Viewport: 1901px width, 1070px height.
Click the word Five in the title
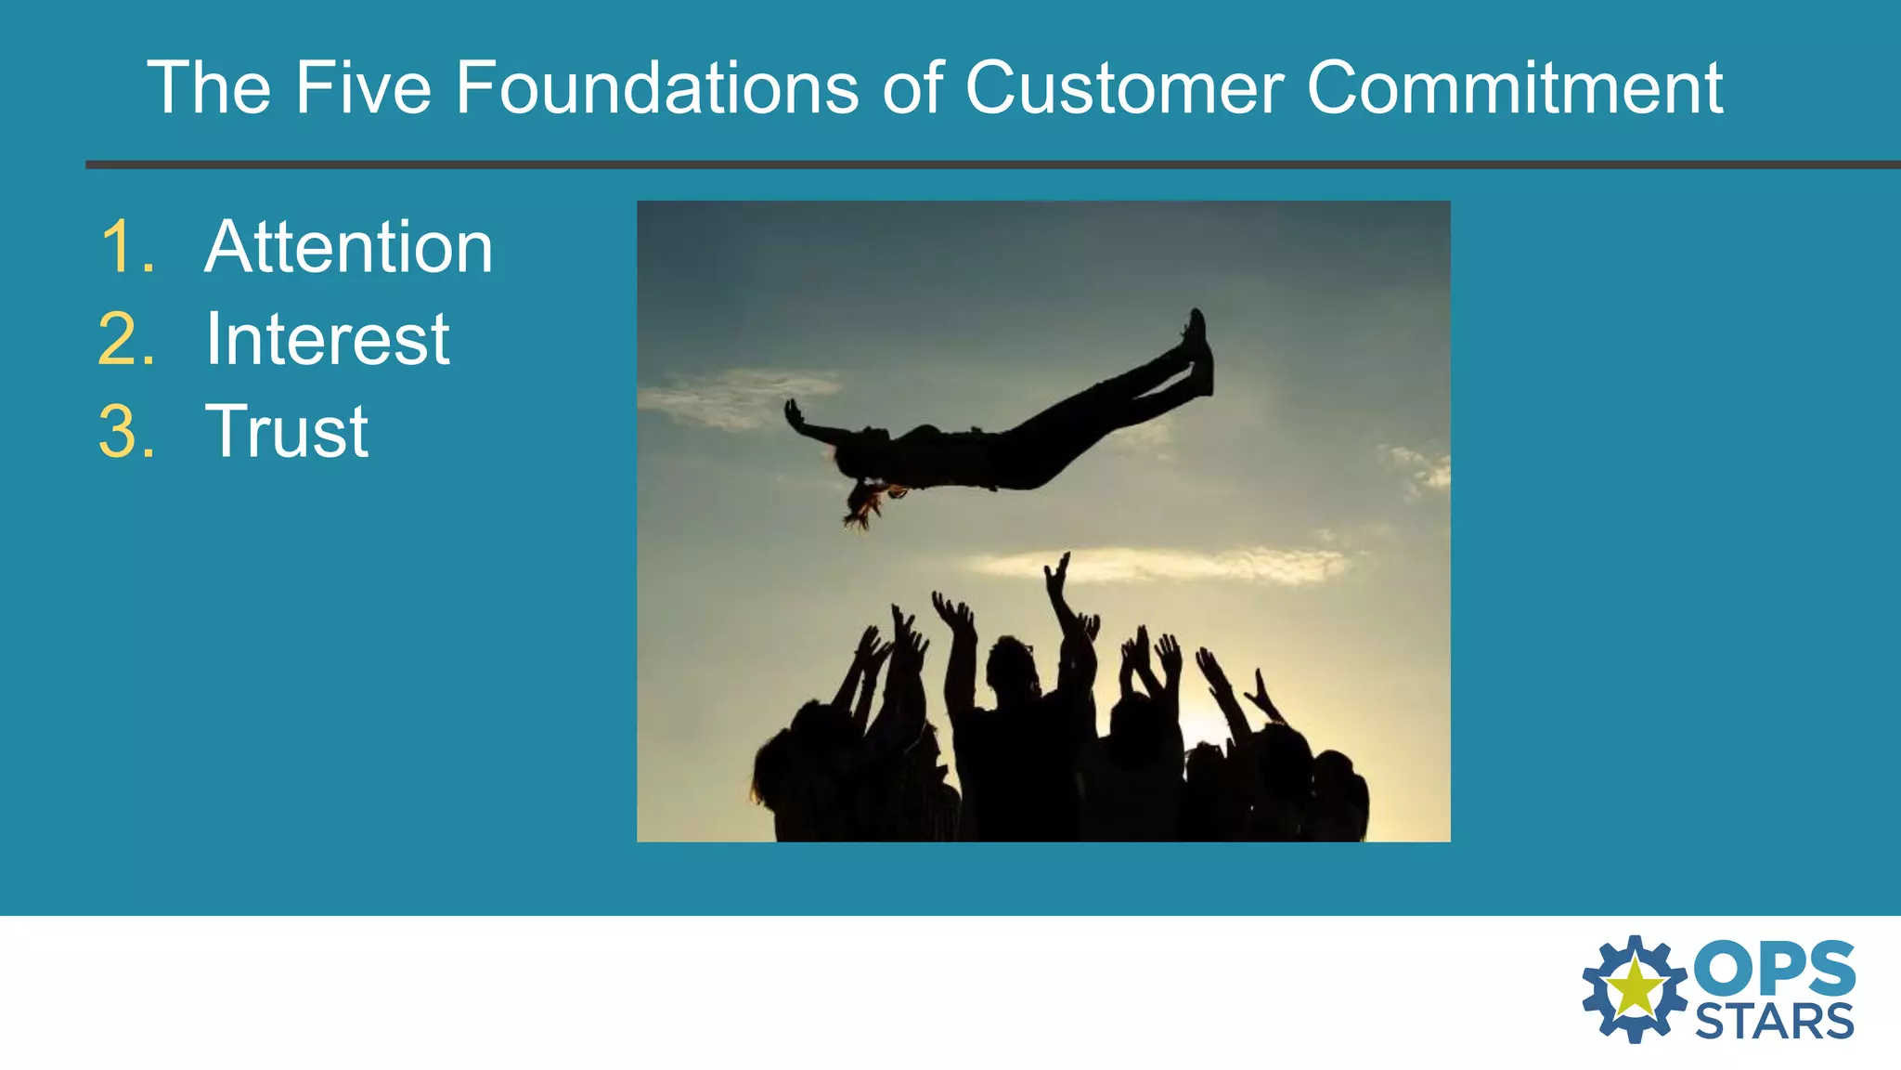click(363, 88)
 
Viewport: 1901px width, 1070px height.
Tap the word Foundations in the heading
click(656, 88)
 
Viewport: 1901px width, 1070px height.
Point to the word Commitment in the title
click(1515, 88)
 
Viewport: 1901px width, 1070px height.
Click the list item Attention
click(348, 247)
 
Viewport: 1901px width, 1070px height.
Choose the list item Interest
click(327, 339)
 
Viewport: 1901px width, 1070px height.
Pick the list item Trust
click(286, 431)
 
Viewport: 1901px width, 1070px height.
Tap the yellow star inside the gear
click(1635, 988)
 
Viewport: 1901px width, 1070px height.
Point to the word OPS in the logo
click(1774, 968)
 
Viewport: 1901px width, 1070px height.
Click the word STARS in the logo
click(1774, 1022)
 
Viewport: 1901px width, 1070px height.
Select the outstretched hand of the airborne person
click(795, 414)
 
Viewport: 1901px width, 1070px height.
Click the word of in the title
click(912, 88)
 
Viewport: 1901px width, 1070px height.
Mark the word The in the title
click(210, 88)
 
